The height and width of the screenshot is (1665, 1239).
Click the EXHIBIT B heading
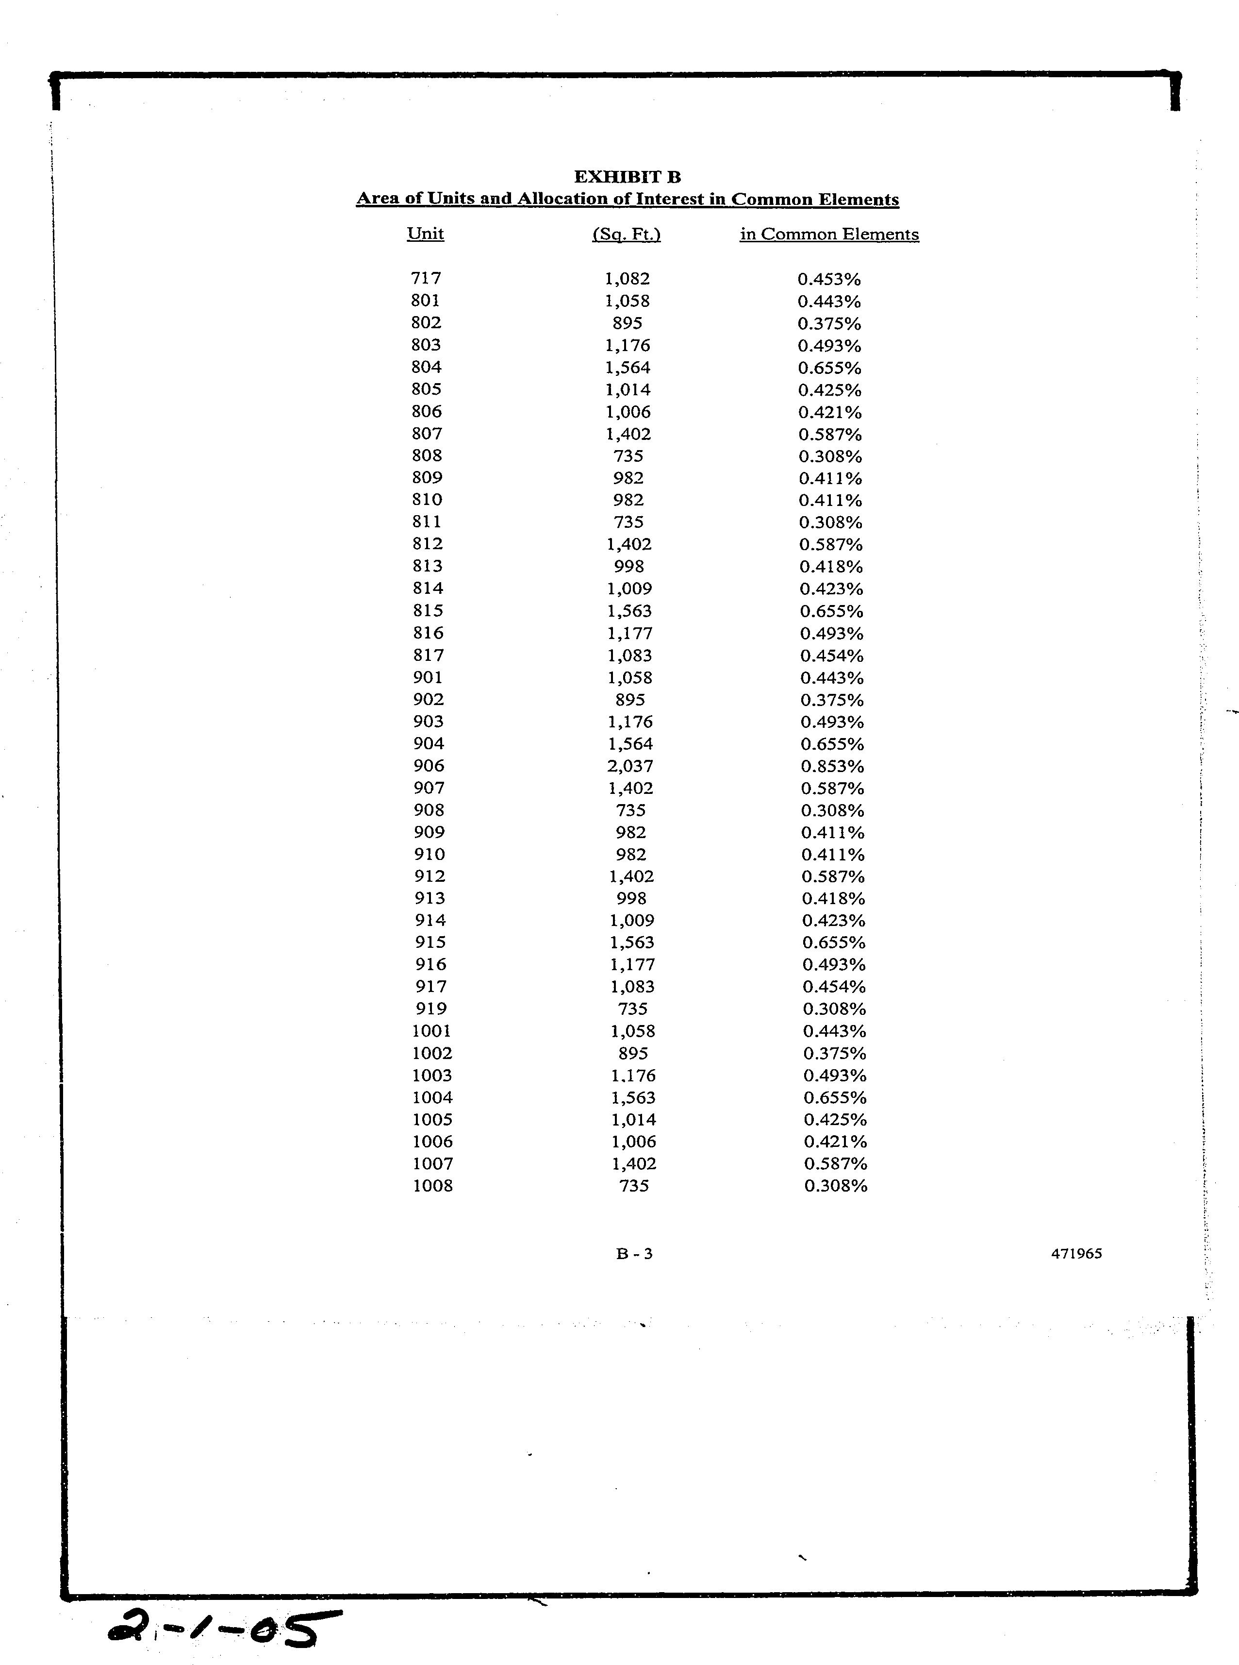tap(627, 177)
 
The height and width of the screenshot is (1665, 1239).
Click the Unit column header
tap(425, 234)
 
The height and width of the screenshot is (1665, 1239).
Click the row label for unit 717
tap(426, 278)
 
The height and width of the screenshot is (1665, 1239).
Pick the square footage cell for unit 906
tap(630, 766)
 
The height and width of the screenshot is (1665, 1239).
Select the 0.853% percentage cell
tap(832, 766)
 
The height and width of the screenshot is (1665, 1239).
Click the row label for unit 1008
tap(433, 1186)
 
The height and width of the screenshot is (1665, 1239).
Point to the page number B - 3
tap(634, 1253)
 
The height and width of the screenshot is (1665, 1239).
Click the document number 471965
tap(1076, 1253)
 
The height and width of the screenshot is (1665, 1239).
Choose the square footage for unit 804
tap(628, 368)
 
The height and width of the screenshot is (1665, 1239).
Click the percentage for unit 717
tap(829, 279)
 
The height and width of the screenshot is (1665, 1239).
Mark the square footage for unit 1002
tap(633, 1053)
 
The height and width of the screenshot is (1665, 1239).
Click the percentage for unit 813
tap(831, 567)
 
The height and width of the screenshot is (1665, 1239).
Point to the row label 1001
tap(432, 1031)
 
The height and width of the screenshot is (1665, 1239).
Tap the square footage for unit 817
tap(629, 655)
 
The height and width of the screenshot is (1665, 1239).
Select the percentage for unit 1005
tap(835, 1120)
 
